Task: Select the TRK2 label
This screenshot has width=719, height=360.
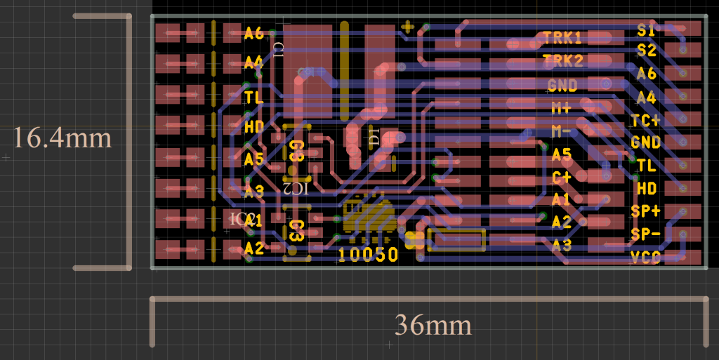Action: pyautogui.click(x=562, y=61)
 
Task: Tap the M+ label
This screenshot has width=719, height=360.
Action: pyautogui.click(x=561, y=108)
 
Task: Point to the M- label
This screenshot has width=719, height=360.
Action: pyautogui.click(x=561, y=131)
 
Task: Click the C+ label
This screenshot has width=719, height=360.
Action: pyautogui.click(x=561, y=177)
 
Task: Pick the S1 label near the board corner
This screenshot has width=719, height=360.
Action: pyautogui.click(x=646, y=30)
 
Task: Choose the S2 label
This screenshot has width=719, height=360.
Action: pyautogui.click(x=646, y=51)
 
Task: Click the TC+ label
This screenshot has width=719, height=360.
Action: pyautogui.click(x=646, y=120)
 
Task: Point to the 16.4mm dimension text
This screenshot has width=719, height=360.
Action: pyautogui.click(x=62, y=138)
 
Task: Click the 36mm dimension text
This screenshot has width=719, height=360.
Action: pyautogui.click(x=433, y=326)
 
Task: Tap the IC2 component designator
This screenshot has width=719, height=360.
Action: pyautogui.click(x=295, y=188)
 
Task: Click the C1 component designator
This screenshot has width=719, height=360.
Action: pyautogui.click(x=279, y=48)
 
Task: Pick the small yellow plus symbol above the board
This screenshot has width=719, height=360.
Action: pyautogui.click(x=407, y=27)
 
